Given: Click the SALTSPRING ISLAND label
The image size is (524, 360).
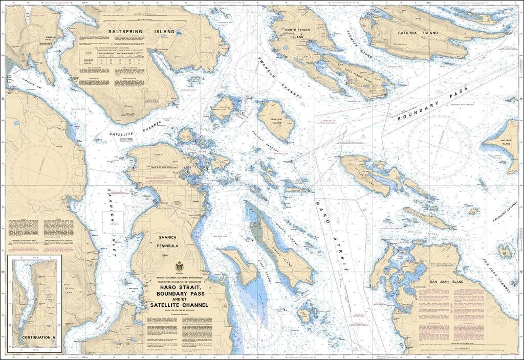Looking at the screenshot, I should pos(139,32).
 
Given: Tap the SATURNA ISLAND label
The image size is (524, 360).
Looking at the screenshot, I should pos(418,33).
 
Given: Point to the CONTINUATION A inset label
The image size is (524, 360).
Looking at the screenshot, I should pos(39,338).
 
